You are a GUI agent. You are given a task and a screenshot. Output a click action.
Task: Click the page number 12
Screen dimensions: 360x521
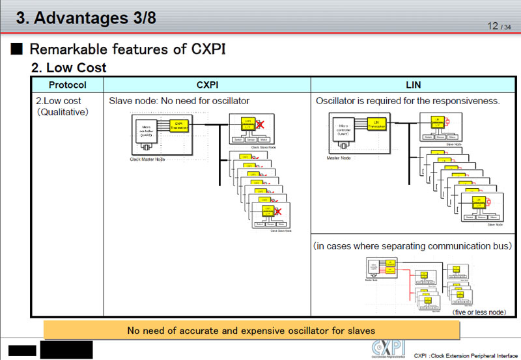(492, 25)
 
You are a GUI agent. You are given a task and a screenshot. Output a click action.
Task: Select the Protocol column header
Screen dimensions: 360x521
(68, 85)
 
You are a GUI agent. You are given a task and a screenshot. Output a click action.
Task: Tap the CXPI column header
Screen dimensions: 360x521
(207, 85)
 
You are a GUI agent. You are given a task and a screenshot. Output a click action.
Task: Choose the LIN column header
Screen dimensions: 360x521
(415, 85)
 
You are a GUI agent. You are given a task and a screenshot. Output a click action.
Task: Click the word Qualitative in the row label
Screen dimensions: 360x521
(65, 111)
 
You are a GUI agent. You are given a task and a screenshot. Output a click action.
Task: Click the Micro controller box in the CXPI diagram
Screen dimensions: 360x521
(147, 131)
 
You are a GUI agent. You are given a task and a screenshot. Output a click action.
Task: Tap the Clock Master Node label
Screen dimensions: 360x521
(147, 159)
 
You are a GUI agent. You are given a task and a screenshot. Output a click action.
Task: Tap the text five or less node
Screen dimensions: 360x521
(477, 312)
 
